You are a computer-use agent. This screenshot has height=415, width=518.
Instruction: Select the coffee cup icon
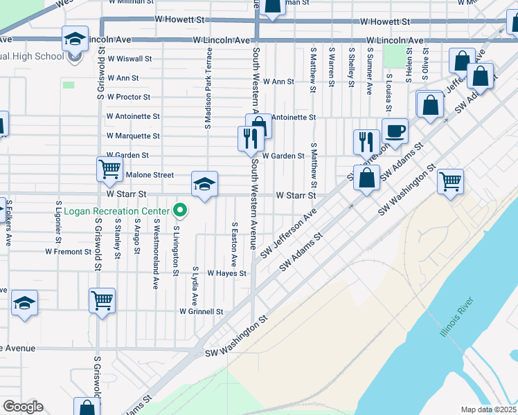pyautogui.click(x=395, y=131)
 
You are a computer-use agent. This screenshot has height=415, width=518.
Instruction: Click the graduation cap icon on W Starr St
pyautogui.click(x=204, y=184)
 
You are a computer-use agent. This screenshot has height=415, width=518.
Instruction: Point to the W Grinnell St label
pyautogui.click(x=201, y=312)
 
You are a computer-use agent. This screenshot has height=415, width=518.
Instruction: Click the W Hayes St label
pyautogui.click(x=226, y=274)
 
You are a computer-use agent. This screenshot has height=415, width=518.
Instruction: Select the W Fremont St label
pyautogui.click(x=68, y=252)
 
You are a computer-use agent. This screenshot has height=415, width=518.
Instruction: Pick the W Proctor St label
pyautogui.click(x=128, y=98)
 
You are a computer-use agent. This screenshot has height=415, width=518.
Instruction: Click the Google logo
pyautogui.click(x=23, y=406)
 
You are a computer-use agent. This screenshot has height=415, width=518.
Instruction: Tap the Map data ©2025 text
pyautogui.click(x=489, y=409)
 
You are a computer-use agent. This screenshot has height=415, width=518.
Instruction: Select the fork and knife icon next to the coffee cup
pyautogui.click(x=366, y=142)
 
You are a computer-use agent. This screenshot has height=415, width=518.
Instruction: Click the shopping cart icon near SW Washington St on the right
pyautogui.click(x=451, y=182)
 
